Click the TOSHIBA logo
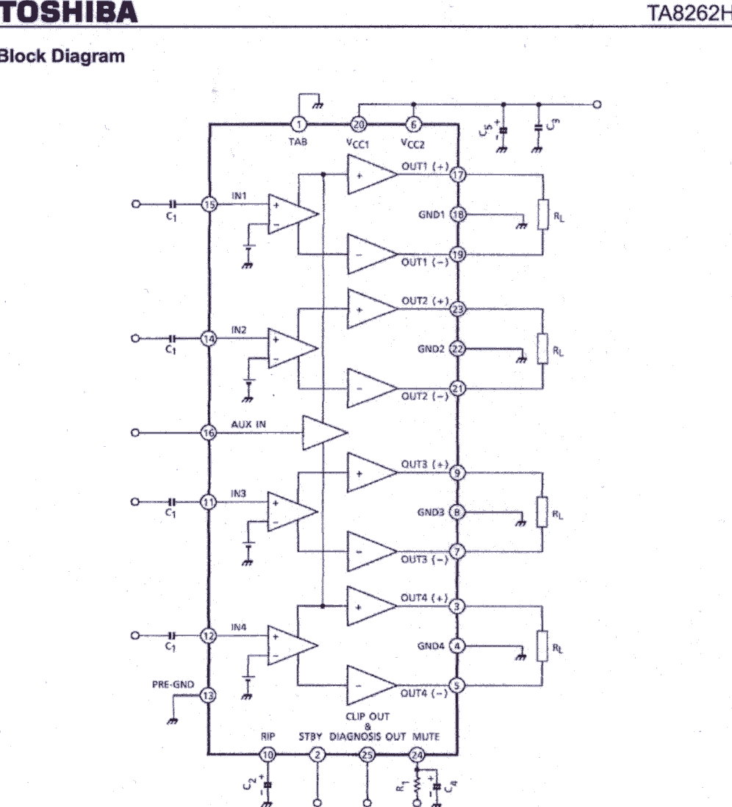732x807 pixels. (x=68, y=12)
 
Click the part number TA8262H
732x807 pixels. (x=689, y=13)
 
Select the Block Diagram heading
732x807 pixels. (x=62, y=56)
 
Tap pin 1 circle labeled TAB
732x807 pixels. (x=298, y=124)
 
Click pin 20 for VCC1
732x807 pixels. (x=358, y=124)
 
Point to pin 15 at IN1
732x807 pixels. (x=209, y=204)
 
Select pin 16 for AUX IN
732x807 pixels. (x=209, y=432)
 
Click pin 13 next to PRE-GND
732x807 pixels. (x=208, y=696)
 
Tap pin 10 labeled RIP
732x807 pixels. (x=268, y=755)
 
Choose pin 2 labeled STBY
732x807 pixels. (x=317, y=755)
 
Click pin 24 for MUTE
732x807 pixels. (x=417, y=755)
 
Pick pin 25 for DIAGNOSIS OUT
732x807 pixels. (x=367, y=755)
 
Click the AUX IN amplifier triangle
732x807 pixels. (x=324, y=432)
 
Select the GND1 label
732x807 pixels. (x=431, y=215)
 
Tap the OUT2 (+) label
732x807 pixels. (x=426, y=301)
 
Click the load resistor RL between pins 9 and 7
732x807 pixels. (x=542, y=512)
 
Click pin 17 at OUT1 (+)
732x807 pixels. (x=458, y=174)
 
